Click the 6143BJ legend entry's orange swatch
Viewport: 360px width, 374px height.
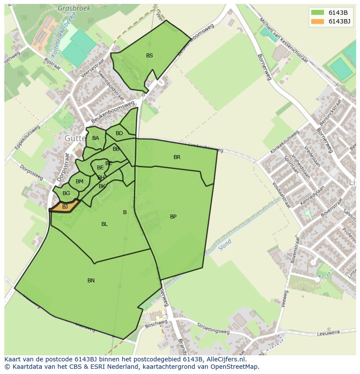tap(317, 21)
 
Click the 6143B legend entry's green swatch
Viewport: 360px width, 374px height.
tap(317, 12)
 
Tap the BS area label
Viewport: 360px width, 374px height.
tap(150, 56)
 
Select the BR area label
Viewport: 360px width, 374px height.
tap(177, 157)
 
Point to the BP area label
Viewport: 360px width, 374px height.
tap(173, 216)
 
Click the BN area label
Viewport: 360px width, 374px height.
tap(91, 281)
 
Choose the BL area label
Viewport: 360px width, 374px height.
tap(104, 224)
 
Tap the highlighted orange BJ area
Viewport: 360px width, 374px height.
tap(65, 206)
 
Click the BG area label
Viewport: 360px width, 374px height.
tap(66, 193)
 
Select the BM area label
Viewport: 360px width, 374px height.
tap(79, 182)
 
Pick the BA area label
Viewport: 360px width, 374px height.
tap(96, 138)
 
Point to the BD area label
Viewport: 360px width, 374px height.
tap(119, 133)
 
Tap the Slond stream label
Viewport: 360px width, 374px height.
tap(225, 245)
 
